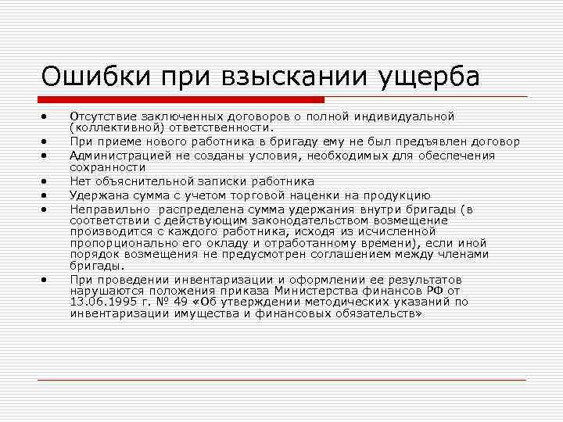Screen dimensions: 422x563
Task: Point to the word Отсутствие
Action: pyautogui.click(x=101, y=116)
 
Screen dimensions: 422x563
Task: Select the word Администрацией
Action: pyautogui.click(x=117, y=156)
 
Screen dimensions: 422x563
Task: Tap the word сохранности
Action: pyautogui.click(x=108, y=166)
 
